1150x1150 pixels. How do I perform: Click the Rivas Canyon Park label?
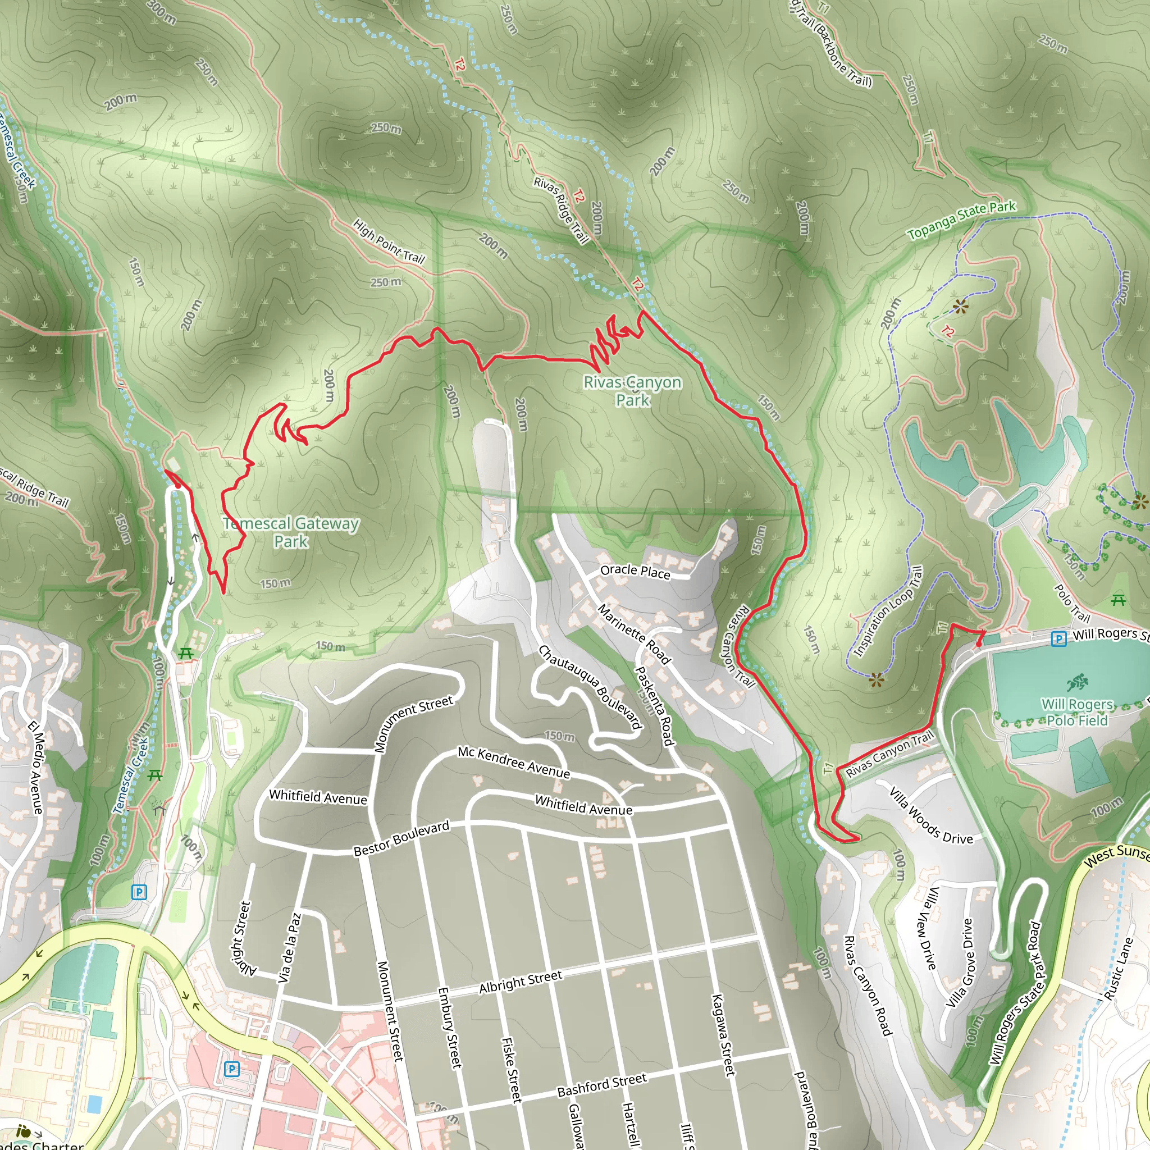[632, 390]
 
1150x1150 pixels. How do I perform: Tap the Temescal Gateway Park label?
[291, 532]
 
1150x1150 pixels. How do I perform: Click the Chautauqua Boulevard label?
[591, 687]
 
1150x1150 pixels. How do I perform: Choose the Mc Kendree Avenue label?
[514, 763]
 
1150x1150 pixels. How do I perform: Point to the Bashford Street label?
[602, 1084]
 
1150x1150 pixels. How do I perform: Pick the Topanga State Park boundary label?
[961, 220]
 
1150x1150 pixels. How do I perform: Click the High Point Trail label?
[389, 241]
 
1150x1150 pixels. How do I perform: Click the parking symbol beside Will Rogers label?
[1058, 639]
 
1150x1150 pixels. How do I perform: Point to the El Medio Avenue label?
[36, 767]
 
